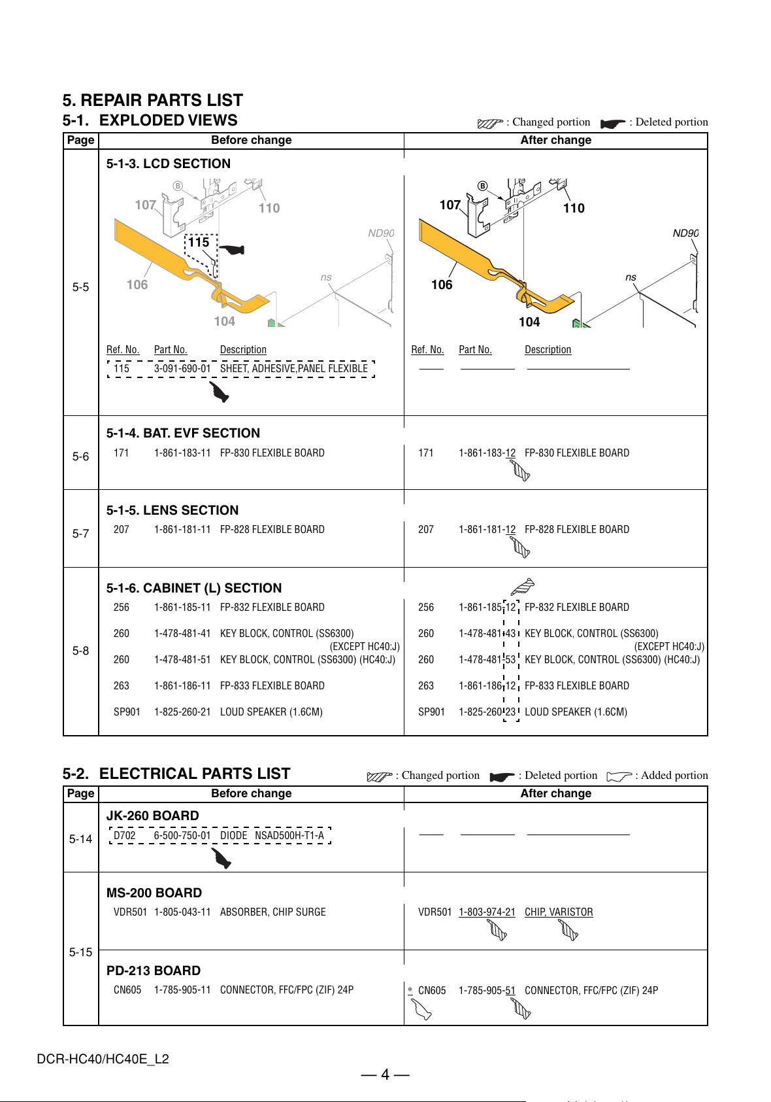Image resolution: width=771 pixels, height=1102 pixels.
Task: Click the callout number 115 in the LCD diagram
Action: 199,242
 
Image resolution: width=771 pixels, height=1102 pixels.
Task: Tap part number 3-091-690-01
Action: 182,368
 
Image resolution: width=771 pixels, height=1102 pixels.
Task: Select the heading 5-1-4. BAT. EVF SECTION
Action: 183,433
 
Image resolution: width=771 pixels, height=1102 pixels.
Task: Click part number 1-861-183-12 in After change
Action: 487,453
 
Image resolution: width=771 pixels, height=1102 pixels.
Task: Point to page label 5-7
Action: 80,533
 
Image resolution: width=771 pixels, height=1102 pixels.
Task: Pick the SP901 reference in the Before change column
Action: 127,712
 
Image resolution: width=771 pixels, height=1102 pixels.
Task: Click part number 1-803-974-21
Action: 487,912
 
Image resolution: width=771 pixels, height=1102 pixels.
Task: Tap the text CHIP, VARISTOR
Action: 559,912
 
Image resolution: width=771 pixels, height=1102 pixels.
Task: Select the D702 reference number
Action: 124,835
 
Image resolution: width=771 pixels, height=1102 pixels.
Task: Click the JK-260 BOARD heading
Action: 153,816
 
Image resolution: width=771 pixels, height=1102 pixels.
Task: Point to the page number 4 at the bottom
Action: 385,1075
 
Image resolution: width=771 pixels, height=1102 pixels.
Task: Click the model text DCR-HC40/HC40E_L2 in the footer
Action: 103,1059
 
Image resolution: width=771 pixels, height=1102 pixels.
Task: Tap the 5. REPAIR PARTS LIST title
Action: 152,100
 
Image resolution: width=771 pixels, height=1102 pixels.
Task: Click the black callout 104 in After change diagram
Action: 529,322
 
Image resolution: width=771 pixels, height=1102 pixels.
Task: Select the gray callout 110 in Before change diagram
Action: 269,208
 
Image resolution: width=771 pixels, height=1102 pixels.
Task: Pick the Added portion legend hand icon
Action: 619,776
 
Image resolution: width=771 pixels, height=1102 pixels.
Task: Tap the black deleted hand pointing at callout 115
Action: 232,249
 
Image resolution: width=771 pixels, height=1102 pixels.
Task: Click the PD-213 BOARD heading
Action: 154,971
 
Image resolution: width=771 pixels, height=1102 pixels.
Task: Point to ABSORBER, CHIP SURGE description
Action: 272,912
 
